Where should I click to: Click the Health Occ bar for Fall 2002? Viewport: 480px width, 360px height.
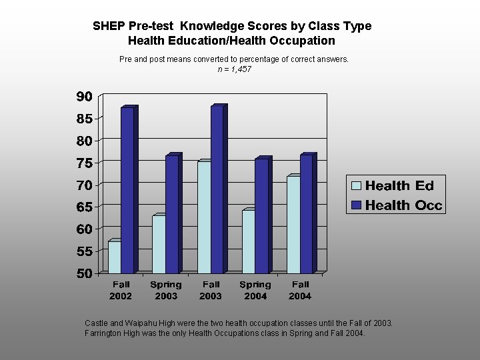pos(127,190)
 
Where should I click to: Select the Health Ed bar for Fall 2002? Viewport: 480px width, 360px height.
pos(114,257)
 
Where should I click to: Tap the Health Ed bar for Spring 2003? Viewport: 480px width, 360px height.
pos(159,244)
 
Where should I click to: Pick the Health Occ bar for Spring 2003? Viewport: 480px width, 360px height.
pos(172,214)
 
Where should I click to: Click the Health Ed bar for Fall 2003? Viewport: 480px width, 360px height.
pos(204,217)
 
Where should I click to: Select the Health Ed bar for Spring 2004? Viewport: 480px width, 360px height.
pos(249,241)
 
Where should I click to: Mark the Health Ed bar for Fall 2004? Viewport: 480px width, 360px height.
pos(293,225)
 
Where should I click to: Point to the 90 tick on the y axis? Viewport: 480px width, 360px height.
pos(83,97)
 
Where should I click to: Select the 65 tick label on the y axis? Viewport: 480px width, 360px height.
pos(83,207)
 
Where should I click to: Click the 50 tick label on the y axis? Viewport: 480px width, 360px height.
pos(83,273)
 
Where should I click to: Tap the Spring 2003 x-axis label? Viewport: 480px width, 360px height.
pos(165,290)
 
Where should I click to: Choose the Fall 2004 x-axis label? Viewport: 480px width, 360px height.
pos(300,290)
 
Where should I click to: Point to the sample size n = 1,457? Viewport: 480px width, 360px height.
pos(234,69)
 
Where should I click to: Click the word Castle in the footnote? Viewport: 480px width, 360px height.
pos(97,323)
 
